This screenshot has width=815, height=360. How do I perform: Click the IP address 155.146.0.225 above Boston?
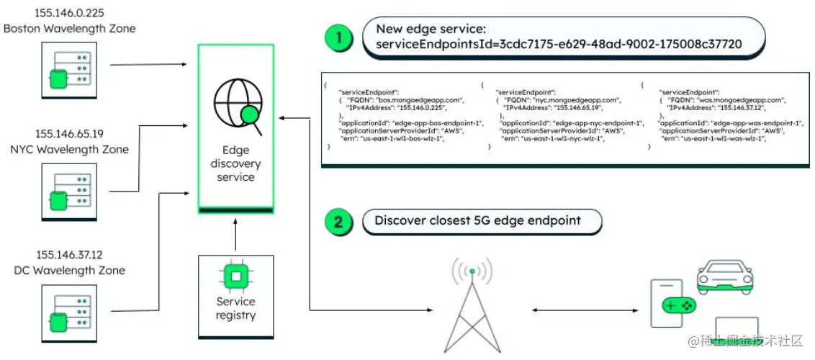coord(69,13)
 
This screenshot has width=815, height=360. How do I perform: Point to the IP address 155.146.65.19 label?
coord(69,134)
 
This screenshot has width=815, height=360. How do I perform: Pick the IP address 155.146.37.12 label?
coord(69,255)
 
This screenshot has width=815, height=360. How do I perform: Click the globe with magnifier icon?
coord(235,109)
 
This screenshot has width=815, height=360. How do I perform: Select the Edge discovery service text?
coord(235,163)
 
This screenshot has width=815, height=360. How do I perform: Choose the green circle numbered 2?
coord(339,220)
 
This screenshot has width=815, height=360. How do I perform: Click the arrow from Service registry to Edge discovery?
coord(235,234)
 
